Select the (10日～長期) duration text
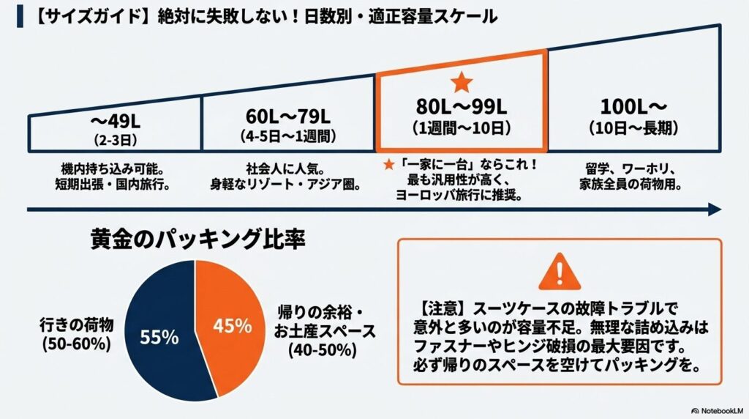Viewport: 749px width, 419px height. pos(633,127)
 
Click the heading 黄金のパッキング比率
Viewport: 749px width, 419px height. pos(197,240)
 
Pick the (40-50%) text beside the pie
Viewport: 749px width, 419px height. pos(321,350)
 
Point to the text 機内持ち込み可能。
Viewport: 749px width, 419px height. pos(113,166)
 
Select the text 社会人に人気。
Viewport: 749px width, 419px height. pos(286,166)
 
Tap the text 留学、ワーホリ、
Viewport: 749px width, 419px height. pos(633,166)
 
